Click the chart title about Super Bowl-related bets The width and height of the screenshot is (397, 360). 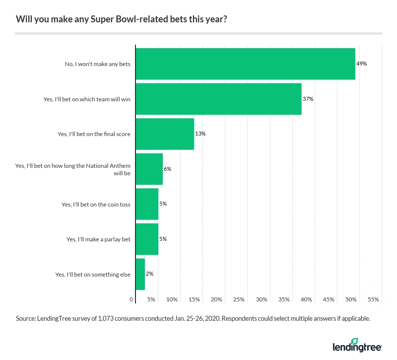(x=123, y=20)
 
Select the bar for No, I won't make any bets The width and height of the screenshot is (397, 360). (x=245, y=64)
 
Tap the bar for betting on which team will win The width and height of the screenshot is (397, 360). (x=218, y=99)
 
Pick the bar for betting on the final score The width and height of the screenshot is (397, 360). (x=165, y=134)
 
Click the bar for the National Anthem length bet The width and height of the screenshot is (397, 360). (x=149, y=169)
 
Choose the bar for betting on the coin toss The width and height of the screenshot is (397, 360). (x=147, y=204)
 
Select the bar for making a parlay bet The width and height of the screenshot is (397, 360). (x=147, y=239)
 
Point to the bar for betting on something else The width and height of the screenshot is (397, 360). (x=140, y=274)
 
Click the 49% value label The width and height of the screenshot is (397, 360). (x=361, y=64)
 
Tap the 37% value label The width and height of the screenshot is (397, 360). (x=308, y=99)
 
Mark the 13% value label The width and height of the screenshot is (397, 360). (x=200, y=134)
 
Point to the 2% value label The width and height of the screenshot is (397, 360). (x=149, y=274)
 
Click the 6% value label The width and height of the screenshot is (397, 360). (x=167, y=169)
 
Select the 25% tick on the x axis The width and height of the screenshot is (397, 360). (x=239, y=299)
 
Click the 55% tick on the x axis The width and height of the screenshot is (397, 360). (x=374, y=299)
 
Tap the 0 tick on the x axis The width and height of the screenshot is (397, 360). (x=132, y=299)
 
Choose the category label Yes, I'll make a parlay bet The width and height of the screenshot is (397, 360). (x=98, y=239)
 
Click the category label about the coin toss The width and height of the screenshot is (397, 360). (x=96, y=204)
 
